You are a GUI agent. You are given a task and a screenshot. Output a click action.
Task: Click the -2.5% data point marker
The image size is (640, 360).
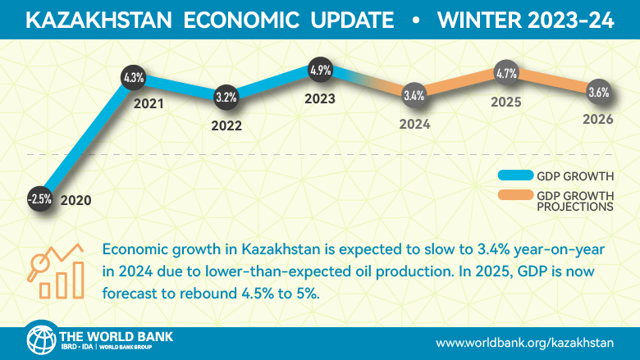click(x=39, y=199)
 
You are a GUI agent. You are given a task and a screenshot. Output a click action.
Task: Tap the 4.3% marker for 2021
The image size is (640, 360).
click(x=133, y=79)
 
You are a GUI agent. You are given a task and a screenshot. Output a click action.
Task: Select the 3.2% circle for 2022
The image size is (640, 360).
click(x=226, y=98)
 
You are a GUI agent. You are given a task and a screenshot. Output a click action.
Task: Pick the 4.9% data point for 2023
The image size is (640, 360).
click(x=320, y=71)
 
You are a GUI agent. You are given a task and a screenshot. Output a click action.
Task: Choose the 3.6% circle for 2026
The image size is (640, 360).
click(x=599, y=93)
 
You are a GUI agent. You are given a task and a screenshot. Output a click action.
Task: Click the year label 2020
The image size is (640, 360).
click(x=75, y=199)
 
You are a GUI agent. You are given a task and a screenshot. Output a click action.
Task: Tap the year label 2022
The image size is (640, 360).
click(x=226, y=127)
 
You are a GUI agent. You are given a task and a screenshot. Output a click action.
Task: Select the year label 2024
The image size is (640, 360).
click(x=414, y=125)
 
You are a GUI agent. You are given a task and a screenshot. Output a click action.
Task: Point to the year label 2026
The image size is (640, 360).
click(x=599, y=121)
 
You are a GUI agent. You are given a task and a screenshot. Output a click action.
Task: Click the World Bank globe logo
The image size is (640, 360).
click(x=40, y=339)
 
